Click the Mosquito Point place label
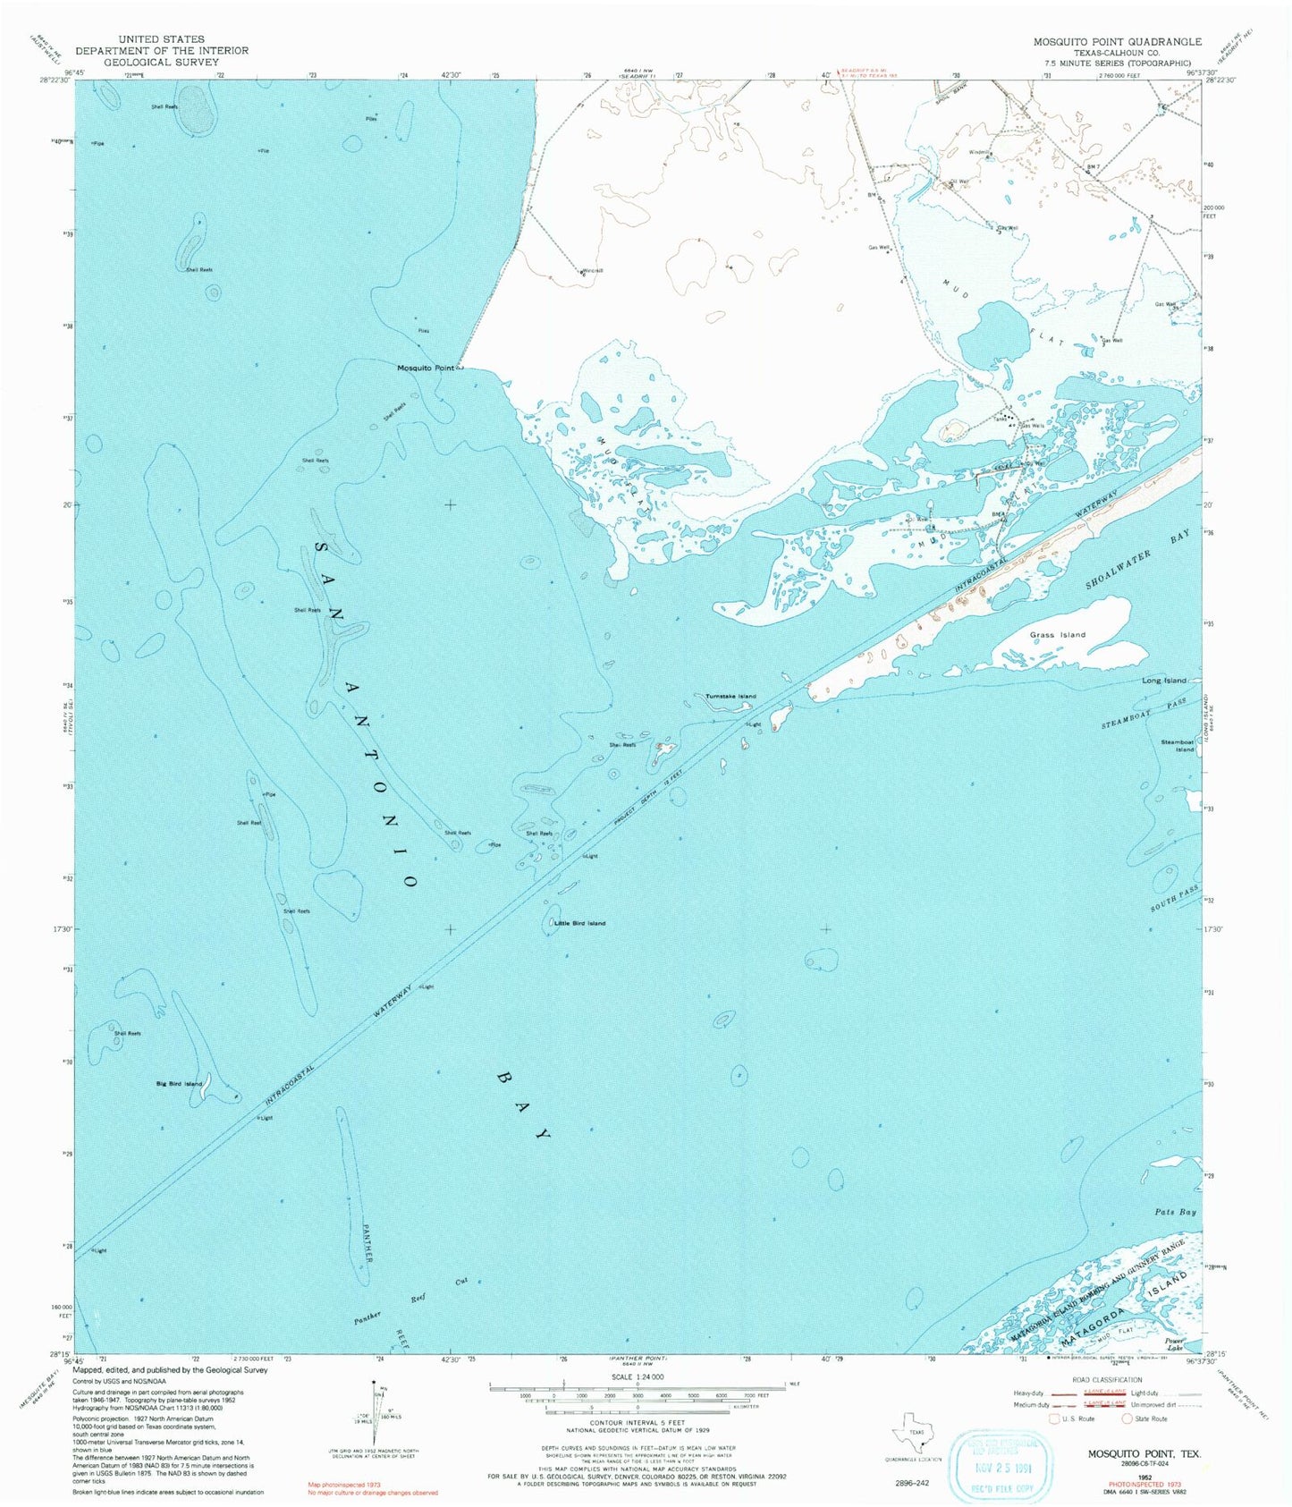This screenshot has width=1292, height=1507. pyautogui.click(x=426, y=368)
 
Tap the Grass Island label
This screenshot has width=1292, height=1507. pyautogui.click(x=1057, y=634)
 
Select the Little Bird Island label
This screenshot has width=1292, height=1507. pyautogui.click(x=579, y=923)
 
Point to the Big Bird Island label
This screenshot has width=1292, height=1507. pyautogui.click(x=179, y=1084)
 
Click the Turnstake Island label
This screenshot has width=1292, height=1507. pyautogui.click(x=730, y=696)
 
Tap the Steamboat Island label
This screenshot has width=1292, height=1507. pyautogui.click(x=1177, y=745)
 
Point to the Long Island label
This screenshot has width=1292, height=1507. pyautogui.click(x=1163, y=681)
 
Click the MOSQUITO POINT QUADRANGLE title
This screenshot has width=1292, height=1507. pyautogui.click(x=1117, y=42)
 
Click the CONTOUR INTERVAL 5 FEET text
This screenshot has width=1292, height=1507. pyautogui.click(x=637, y=1422)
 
